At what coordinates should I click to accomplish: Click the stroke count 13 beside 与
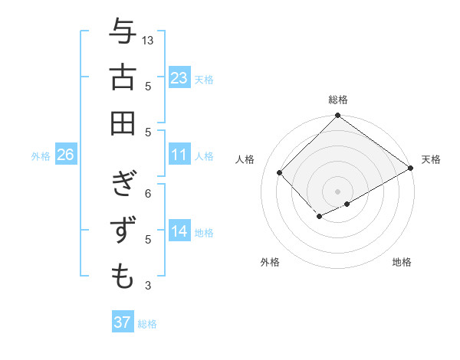pyautogui.click(x=149, y=40)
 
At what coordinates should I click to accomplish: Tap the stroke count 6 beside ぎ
pyautogui.click(x=149, y=193)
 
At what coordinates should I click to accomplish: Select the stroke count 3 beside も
pyautogui.click(x=149, y=286)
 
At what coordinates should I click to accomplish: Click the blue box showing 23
pyautogui.click(x=179, y=77)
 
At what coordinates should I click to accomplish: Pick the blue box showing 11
pyautogui.click(x=179, y=155)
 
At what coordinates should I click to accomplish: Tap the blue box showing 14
pyautogui.click(x=179, y=231)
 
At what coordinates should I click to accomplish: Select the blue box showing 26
pyautogui.click(x=66, y=155)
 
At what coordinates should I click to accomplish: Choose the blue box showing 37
pyautogui.click(x=123, y=322)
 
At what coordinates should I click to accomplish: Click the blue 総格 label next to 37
pyautogui.click(x=147, y=324)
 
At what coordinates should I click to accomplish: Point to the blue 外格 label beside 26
pyautogui.click(x=41, y=156)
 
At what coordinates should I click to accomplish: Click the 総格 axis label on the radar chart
pyautogui.click(x=338, y=100)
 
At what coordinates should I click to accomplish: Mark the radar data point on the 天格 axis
pyautogui.click(x=411, y=169)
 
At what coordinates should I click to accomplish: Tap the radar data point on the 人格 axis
pyautogui.click(x=280, y=173)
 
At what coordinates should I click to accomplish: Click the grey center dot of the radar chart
pyautogui.click(x=337, y=190)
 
